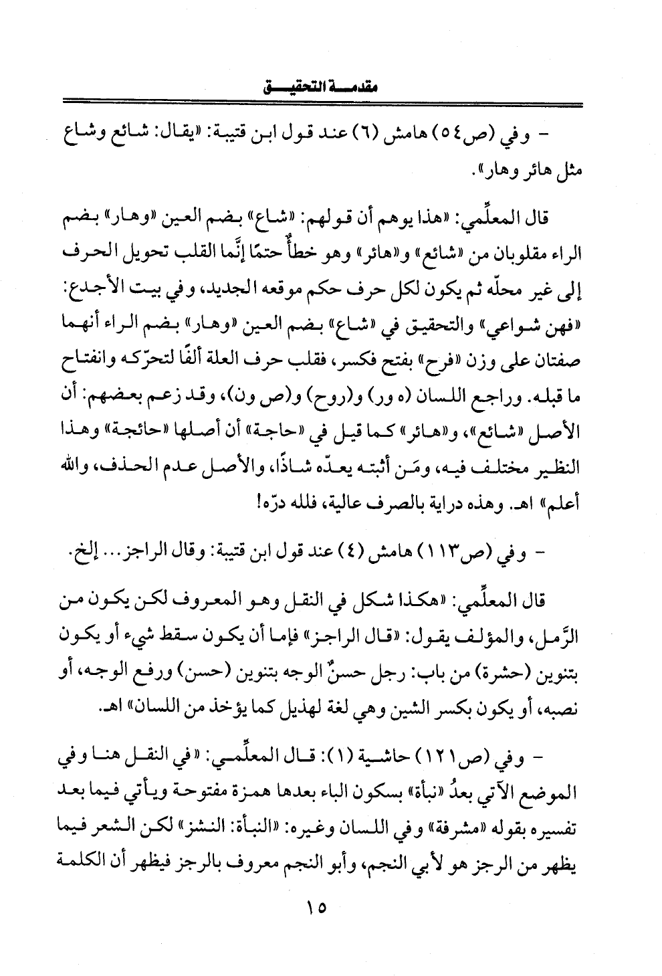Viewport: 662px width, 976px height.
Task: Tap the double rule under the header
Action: [x=322, y=103]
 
